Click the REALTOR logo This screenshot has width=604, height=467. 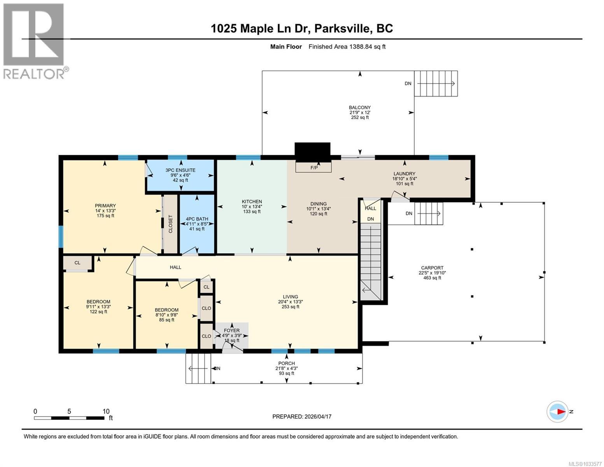point(34,41)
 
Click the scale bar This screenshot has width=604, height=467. point(69,418)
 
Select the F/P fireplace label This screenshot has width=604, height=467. point(314,168)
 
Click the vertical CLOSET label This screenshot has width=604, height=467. point(170,224)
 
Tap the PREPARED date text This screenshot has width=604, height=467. point(302,416)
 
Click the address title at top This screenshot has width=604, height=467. point(302,28)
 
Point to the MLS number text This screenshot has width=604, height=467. point(585,463)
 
